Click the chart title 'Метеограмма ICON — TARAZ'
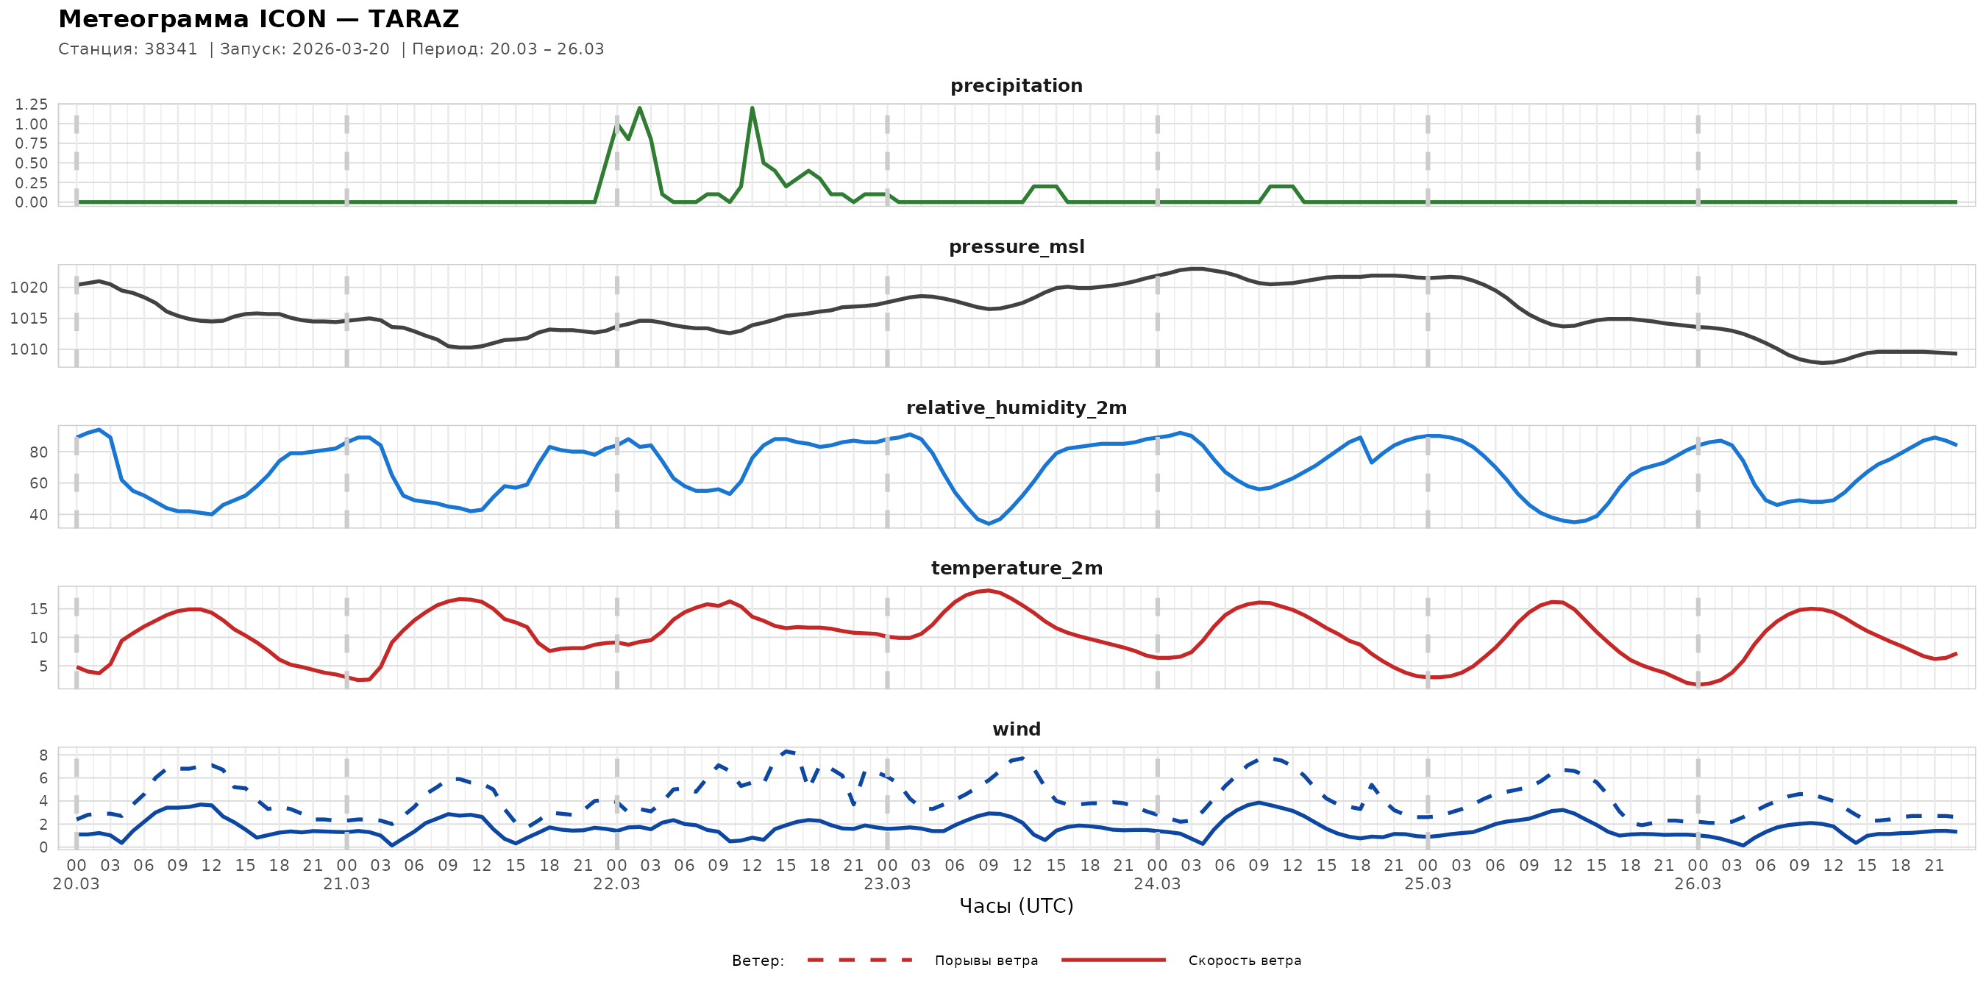click(258, 19)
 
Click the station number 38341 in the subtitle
click(171, 49)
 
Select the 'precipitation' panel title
click(1016, 85)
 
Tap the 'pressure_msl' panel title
click(1016, 246)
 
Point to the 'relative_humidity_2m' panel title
click(1016, 407)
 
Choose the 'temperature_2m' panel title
click(1016, 568)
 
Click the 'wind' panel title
click(1016, 730)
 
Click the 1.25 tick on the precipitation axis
click(32, 104)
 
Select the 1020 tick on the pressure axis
click(29, 288)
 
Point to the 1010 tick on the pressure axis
click(29, 349)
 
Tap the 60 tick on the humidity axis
click(38, 483)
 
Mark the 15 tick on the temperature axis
click(38, 609)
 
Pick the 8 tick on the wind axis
click(43, 755)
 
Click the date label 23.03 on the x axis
click(886, 883)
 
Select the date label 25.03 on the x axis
click(1427, 883)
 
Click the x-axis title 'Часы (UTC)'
click(1016, 906)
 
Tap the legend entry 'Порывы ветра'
click(986, 961)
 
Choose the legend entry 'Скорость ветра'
click(1245, 961)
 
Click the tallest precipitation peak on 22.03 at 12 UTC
click(752, 109)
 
